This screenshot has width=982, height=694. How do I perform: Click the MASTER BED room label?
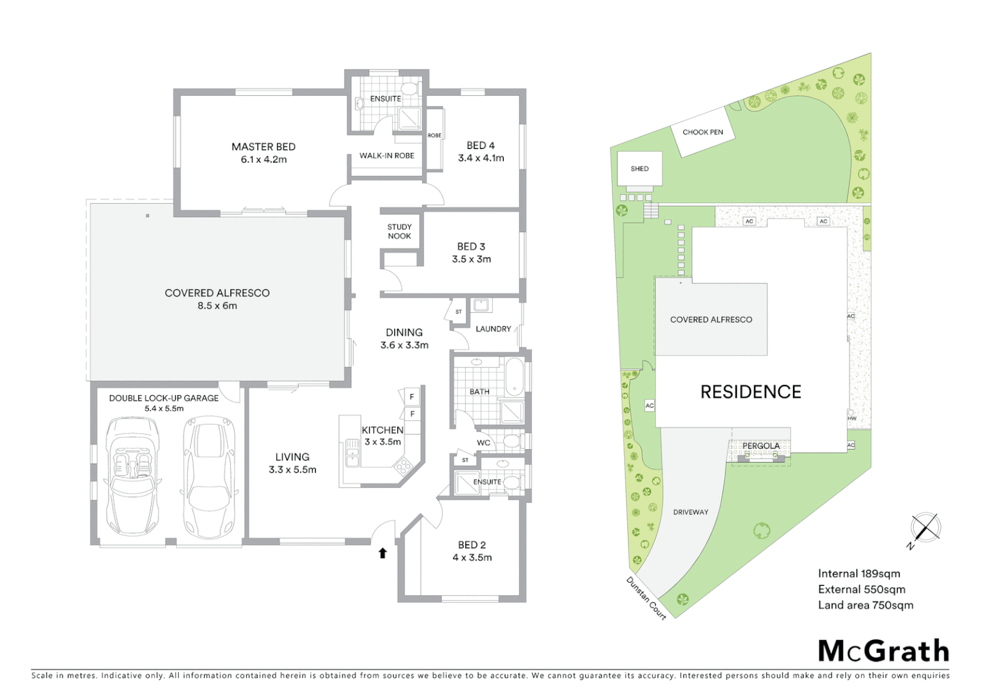tap(263, 147)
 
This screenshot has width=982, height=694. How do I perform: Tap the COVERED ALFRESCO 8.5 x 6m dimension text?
tap(217, 306)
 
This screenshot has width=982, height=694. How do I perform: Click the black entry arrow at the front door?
tap(382, 553)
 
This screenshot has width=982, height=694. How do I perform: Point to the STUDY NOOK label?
tap(399, 231)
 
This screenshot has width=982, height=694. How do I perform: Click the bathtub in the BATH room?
tap(514, 377)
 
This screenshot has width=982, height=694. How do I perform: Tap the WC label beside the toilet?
tap(483, 443)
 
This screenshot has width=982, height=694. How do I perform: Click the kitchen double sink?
tap(352, 452)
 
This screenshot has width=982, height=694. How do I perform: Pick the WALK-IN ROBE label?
tap(386, 156)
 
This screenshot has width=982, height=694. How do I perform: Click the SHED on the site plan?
tap(639, 169)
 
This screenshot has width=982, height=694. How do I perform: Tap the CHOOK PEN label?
tap(702, 132)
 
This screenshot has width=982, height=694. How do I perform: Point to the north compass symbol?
tap(925, 529)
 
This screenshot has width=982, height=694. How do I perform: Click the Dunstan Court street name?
tap(647, 598)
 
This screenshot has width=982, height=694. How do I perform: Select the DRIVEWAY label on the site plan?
tap(690, 512)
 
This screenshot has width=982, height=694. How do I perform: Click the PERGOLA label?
tap(761, 445)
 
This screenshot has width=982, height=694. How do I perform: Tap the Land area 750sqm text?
tap(865, 605)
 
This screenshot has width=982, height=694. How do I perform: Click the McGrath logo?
tap(883, 651)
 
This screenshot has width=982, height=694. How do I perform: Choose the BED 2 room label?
tap(472, 545)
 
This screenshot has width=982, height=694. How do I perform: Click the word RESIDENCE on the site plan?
tap(751, 392)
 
